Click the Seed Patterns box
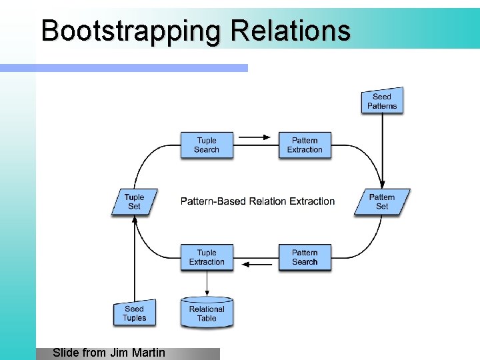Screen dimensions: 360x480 click(382, 101)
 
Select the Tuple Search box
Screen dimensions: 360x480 click(207, 145)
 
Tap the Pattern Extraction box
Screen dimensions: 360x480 click(305, 145)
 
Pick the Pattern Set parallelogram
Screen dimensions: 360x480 click(382, 201)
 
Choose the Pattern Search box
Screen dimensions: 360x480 click(305, 257)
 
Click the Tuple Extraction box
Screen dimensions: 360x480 click(207, 257)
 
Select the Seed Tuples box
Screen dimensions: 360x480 click(134, 313)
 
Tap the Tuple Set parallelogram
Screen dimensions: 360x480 click(134, 201)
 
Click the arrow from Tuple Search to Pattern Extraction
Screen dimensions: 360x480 click(255, 138)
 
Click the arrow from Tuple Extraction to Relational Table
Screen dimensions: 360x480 click(207, 283)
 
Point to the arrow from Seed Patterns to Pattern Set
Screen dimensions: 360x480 click(382, 150)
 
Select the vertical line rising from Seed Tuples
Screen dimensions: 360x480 click(134, 260)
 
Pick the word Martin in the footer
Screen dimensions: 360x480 click(147, 353)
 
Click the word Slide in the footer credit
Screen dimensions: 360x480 click(65, 353)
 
